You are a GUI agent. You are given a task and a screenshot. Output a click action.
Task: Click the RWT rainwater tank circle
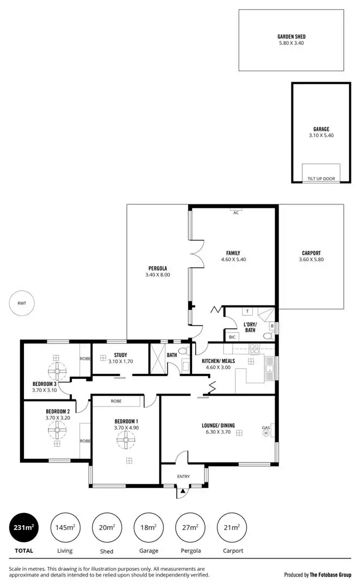22,303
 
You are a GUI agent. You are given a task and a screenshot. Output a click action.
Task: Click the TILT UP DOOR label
321,178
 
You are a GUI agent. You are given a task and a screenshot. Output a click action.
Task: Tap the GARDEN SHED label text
291,37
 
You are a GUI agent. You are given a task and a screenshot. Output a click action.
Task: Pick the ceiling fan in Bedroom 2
56,431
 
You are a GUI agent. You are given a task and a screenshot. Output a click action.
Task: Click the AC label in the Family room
235,213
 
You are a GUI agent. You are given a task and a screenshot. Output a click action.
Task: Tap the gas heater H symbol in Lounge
266,434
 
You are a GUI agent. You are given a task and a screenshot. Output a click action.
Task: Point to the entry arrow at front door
183,491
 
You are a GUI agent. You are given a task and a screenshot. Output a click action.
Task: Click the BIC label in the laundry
232,337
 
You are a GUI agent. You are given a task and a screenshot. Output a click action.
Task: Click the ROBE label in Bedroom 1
116,401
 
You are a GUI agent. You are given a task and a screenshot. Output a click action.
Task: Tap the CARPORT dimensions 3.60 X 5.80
311,260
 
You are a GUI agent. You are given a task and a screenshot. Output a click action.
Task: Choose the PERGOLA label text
158,268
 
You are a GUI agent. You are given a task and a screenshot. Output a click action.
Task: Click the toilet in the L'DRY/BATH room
267,336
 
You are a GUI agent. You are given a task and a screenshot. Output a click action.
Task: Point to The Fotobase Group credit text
330,574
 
